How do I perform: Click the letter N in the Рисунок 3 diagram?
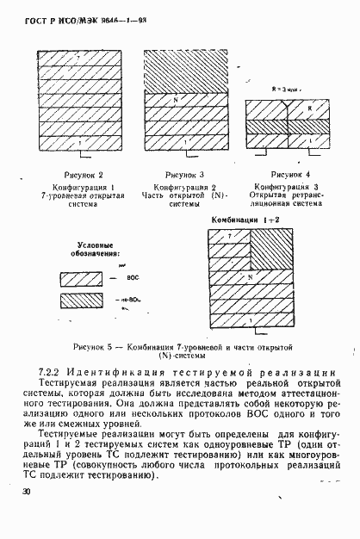[176, 100]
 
